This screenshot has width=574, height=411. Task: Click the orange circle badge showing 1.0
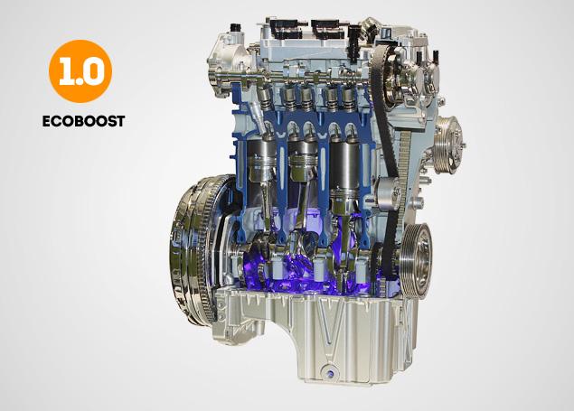tap(80, 71)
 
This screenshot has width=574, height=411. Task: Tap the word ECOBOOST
tap(83, 121)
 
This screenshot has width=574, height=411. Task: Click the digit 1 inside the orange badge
tap(67, 72)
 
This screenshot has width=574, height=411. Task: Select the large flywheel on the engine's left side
tap(198, 248)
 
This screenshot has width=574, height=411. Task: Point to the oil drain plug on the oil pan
tap(328, 372)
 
